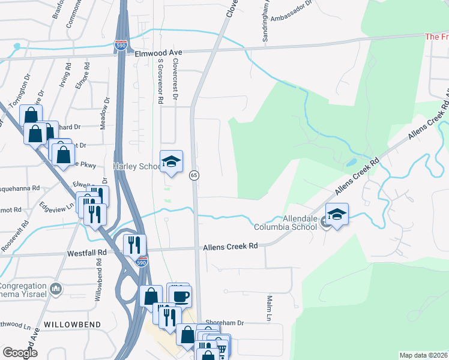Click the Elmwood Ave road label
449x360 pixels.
149,53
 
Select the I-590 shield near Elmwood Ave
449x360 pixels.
121,45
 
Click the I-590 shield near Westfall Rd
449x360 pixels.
142,262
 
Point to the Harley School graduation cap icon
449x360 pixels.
171,161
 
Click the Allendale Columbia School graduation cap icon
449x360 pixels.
337,214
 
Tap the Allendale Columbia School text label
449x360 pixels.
285,222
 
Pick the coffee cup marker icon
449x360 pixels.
181,295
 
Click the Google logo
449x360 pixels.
20,352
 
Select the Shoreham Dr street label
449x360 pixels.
224,322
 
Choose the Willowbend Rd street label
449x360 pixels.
98,283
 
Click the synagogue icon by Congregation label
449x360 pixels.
56,289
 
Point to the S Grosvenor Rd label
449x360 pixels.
160,82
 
